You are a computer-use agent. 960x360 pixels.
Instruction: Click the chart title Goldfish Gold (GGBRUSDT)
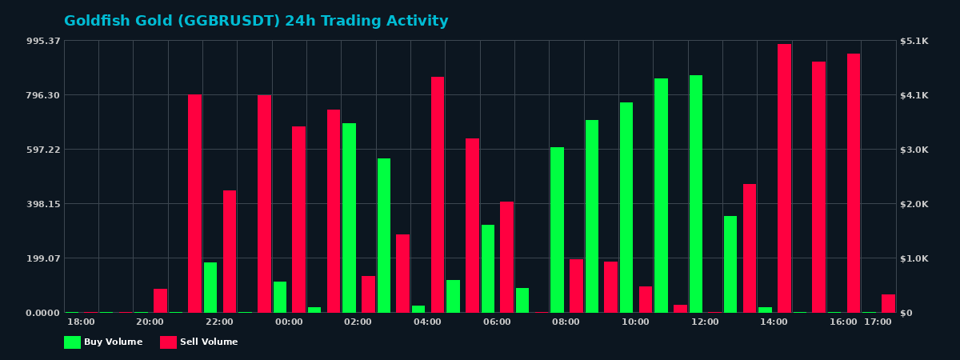(x=256, y=22)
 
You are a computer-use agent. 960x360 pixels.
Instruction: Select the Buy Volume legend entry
(x=103, y=342)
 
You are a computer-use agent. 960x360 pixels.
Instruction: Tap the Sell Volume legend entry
(x=199, y=342)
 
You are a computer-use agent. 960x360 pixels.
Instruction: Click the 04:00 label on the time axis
(x=427, y=322)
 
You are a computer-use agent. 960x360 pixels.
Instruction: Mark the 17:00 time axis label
(x=878, y=322)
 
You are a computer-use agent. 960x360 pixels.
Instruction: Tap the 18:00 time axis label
(x=81, y=322)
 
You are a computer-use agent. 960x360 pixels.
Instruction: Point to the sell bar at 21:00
(x=194, y=203)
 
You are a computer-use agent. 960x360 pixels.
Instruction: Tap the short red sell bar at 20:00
(x=160, y=301)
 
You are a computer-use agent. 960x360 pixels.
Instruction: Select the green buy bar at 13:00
(x=730, y=264)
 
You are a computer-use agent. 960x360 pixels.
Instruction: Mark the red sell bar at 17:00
(x=888, y=303)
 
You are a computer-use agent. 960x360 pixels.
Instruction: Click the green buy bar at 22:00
(x=210, y=287)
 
